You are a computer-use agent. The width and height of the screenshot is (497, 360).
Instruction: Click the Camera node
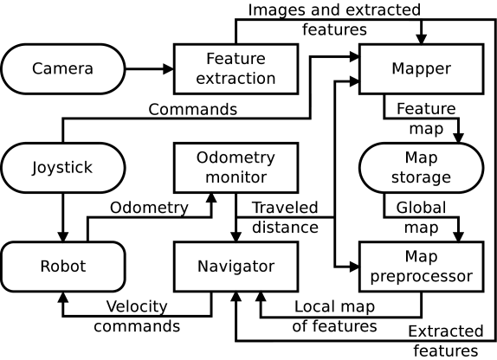click(63, 69)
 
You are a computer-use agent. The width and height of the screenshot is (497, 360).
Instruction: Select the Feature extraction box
click(236, 69)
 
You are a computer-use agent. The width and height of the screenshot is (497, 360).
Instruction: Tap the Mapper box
click(422, 69)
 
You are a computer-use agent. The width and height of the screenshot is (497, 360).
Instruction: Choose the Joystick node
click(63, 168)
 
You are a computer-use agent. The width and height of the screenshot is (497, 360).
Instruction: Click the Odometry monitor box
click(236, 168)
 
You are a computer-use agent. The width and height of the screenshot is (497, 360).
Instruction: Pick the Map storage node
click(422, 168)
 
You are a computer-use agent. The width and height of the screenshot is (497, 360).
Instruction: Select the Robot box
click(63, 267)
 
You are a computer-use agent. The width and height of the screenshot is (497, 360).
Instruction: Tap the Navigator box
click(236, 267)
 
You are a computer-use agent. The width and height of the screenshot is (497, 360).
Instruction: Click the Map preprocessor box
click(422, 267)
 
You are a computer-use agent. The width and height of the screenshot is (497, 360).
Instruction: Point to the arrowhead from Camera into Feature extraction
click(168, 69)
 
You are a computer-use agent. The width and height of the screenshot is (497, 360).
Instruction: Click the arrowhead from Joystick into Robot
click(63, 236)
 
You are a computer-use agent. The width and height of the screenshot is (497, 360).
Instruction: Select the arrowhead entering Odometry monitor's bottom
click(211, 198)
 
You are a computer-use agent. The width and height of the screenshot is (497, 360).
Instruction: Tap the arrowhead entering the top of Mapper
click(422, 39)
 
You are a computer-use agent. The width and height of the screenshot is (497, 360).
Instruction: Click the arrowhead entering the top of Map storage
click(459, 138)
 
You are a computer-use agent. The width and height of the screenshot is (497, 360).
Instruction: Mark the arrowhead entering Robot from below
click(63, 297)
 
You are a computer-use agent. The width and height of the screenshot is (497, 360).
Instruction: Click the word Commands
click(193, 110)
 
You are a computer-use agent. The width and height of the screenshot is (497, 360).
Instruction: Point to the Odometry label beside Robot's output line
click(149, 209)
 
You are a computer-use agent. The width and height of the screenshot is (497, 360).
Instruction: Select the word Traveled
click(285, 208)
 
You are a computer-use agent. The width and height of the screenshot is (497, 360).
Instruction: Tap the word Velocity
click(137, 306)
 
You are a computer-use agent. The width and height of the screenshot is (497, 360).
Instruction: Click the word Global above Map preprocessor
click(421, 208)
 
